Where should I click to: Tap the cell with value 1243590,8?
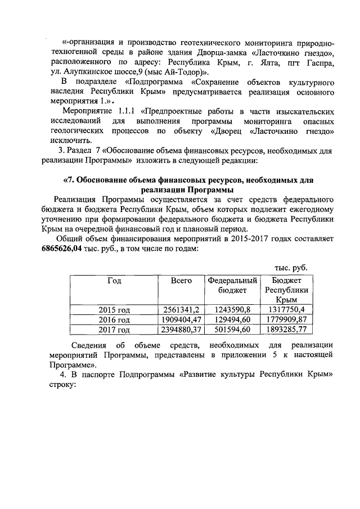[x=232, y=309]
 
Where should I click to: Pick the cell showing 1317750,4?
[x=286, y=309]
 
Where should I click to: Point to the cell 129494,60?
[x=232, y=319]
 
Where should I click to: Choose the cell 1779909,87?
[x=286, y=319]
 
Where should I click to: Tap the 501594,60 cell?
[x=232, y=330]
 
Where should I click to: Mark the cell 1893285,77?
[x=286, y=330]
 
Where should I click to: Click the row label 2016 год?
[x=114, y=319]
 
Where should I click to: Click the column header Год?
[x=114, y=280]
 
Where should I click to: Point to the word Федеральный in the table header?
[x=232, y=280]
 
